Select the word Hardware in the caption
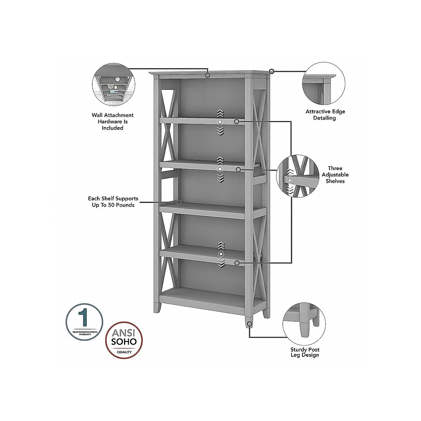pos(113,121)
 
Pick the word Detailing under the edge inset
pos(325,118)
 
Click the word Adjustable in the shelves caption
pos(335,175)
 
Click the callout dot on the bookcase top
pos(208,75)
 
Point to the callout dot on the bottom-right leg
pos(249,324)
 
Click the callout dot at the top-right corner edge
pos(272,71)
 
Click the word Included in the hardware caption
pos(113,128)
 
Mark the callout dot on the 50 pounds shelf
pos(179,202)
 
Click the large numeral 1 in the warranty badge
pos(83,317)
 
